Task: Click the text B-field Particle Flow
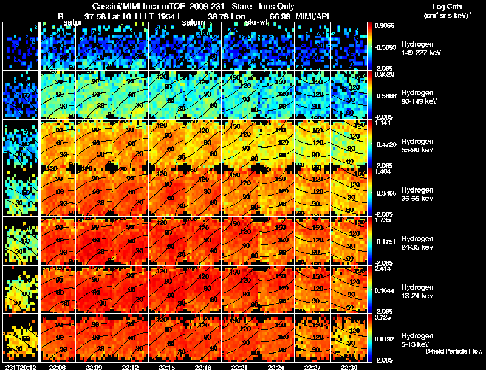(453, 351)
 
